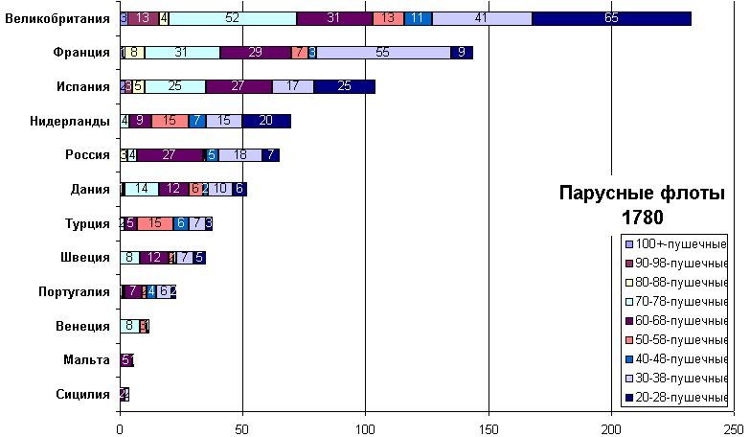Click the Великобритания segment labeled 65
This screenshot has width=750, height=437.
(611, 18)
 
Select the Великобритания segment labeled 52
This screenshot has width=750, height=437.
(233, 18)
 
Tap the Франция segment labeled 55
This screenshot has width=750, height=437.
(383, 53)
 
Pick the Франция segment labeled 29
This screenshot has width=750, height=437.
(255, 53)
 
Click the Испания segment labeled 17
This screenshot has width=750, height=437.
(292, 86)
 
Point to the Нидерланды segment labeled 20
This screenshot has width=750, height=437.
(265, 121)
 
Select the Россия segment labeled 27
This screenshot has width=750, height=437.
(170, 155)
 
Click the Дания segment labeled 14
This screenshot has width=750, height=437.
(142, 189)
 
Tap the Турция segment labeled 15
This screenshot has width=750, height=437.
(154, 223)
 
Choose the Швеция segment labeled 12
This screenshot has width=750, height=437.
(154, 258)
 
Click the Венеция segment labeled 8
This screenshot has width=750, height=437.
(129, 326)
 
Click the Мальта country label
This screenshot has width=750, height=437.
(86, 360)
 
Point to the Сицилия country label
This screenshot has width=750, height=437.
(83, 395)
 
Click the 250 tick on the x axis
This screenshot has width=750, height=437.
(735, 427)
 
